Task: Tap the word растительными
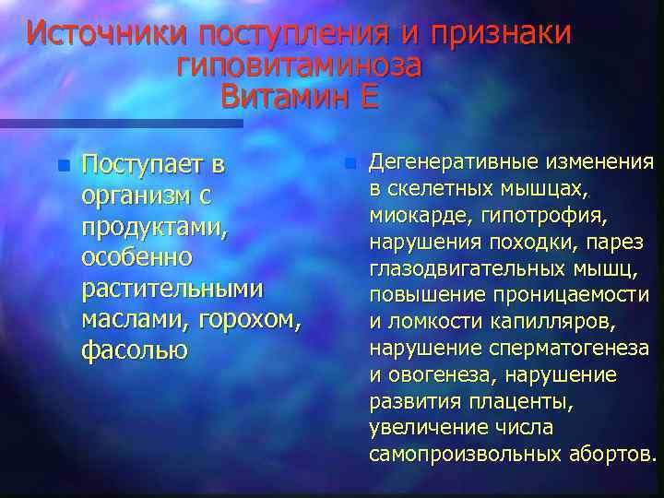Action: click(x=172, y=289)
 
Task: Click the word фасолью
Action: click(x=135, y=350)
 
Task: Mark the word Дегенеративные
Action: click(x=455, y=164)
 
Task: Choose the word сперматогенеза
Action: click(x=577, y=348)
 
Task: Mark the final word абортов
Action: click(x=611, y=454)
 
